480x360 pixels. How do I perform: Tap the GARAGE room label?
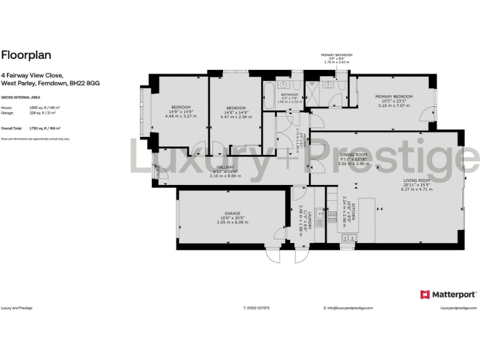(232, 213)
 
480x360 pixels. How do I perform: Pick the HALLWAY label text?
(225, 167)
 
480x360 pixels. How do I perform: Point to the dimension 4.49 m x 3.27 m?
(180, 116)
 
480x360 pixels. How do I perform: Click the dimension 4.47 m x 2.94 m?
(236, 116)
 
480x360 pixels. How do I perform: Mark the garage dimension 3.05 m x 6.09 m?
(232, 222)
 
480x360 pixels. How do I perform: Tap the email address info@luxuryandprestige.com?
(348, 308)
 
